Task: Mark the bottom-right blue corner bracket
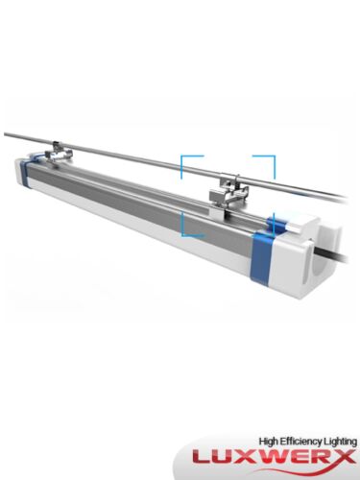point(271,227)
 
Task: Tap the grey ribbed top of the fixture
point(144,188)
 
